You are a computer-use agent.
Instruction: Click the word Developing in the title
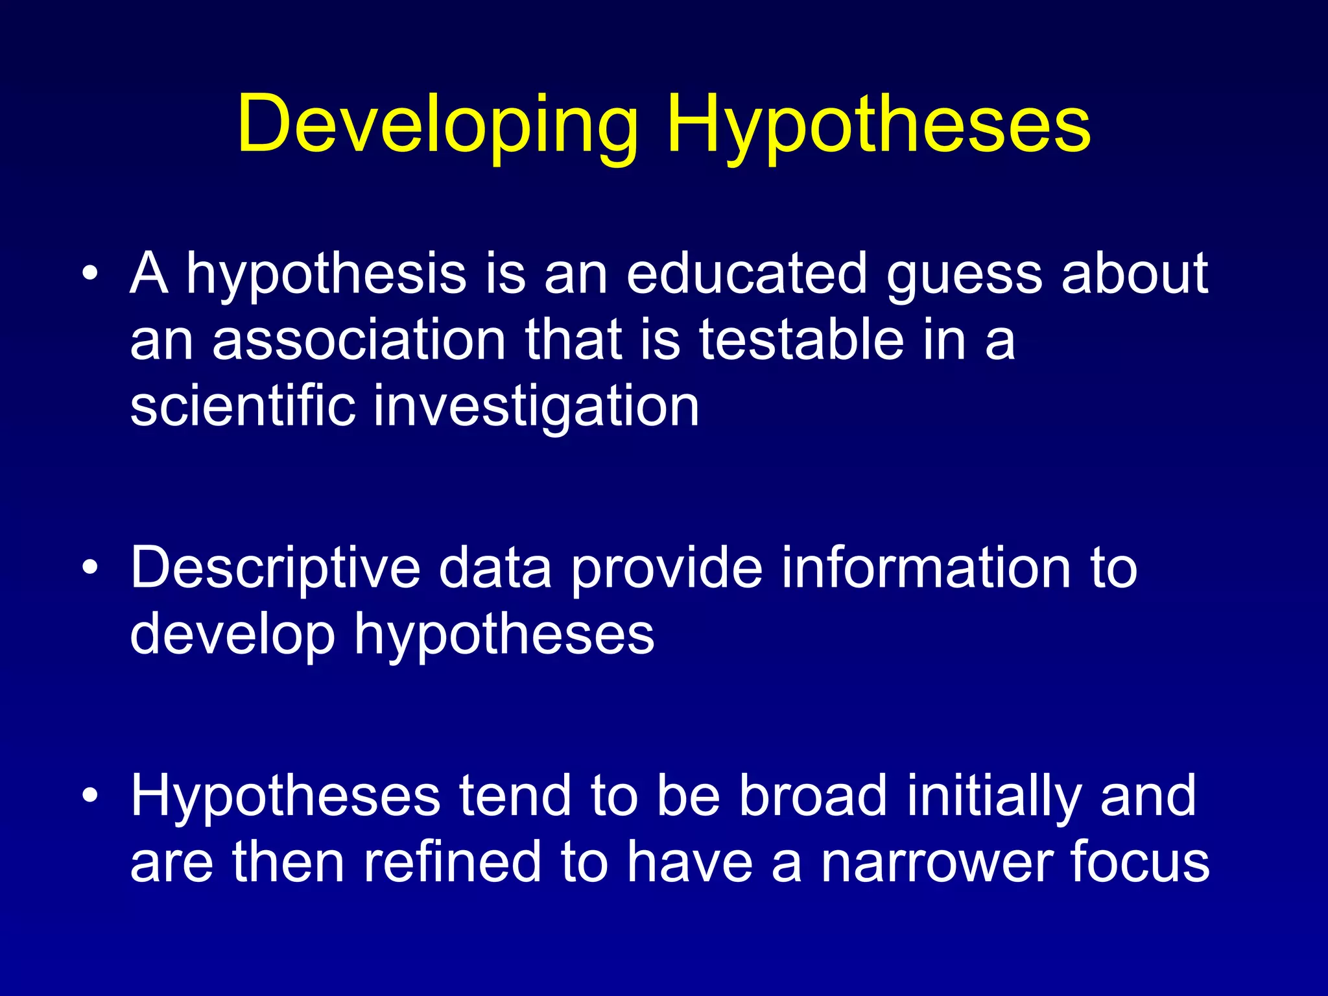click(438, 124)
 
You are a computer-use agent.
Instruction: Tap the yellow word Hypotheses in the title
click(879, 124)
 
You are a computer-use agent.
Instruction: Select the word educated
click(746, 274)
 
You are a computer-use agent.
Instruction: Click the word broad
click(813, 796)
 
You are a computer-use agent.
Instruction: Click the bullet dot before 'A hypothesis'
click(91, 274)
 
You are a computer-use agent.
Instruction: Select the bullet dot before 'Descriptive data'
click(91, 568)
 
